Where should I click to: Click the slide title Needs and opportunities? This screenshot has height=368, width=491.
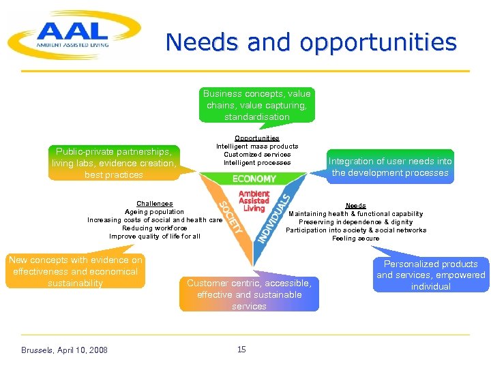311,42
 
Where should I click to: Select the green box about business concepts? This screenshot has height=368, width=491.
257,105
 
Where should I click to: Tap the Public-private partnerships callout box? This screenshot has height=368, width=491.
114,163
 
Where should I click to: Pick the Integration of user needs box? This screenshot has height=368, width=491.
390,167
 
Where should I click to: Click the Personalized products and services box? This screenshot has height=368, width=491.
431,275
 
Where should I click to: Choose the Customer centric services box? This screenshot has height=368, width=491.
249,294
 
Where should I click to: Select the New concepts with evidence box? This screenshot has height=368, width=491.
76,271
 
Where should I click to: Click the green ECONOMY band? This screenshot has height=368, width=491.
254,179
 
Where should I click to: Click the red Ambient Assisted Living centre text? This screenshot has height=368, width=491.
254,201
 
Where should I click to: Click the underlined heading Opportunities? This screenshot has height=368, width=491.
257,138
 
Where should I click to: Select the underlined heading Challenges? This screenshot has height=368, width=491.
155,204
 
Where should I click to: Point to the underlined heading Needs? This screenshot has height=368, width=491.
355,206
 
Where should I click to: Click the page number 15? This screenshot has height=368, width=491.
241,350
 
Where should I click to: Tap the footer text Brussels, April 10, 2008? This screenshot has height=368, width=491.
64,350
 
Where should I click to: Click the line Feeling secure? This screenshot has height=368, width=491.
355,239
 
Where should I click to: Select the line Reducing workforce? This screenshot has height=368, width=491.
155,228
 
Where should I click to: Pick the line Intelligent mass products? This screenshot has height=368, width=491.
257,147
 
